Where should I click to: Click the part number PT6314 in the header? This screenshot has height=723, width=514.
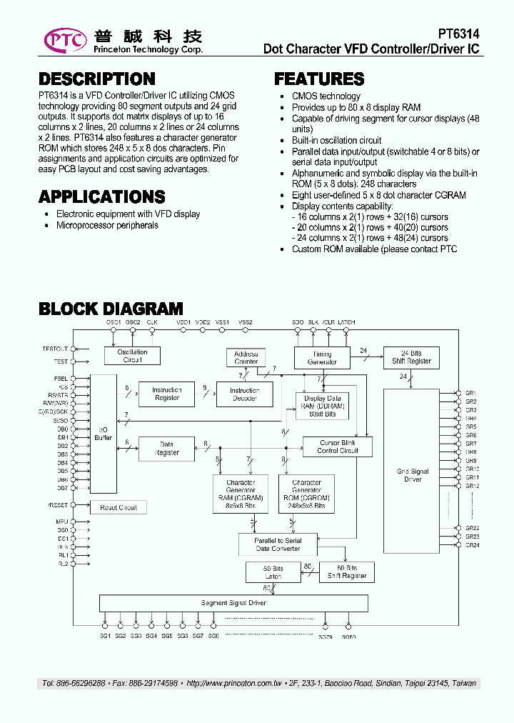coord(458,34)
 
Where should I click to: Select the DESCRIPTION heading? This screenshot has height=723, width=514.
coord(96,79)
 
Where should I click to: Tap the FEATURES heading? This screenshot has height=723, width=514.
coord(319,79)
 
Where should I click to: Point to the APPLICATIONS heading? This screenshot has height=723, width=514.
coord(101,196)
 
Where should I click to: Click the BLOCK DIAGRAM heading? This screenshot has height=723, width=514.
coord(111,309)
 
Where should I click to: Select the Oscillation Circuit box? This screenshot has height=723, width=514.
coord(132,356)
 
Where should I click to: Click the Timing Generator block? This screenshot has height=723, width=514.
coord(322,358)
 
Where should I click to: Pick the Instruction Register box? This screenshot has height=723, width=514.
coord(167,394)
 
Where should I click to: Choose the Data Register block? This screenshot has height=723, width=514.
coord(166,449)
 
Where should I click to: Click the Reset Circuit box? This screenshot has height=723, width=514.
coord(118,507)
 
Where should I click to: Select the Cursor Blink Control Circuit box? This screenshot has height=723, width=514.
coord(338,447)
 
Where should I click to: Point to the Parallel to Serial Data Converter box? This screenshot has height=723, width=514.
coord(278,544)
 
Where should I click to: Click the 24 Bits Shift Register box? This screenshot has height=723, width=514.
coord(410,357)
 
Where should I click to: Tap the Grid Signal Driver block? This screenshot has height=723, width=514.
coord(413,475)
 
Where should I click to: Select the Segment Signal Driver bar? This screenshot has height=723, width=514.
coord(233,603)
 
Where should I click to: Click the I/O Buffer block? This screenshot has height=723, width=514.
coord(104,434)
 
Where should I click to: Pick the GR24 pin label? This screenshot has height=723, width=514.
coord(472,545)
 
